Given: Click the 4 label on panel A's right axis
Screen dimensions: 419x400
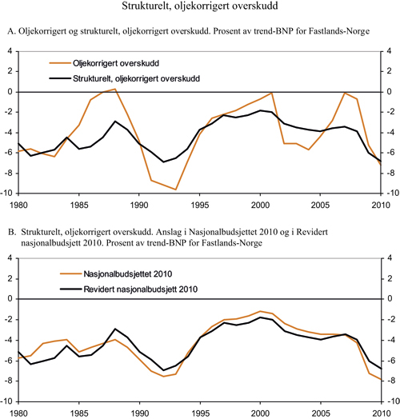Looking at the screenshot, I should click(389, 50).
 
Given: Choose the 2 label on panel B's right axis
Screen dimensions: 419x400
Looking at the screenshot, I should click(389, 277).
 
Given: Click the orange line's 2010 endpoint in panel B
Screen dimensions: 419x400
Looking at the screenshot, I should click(378, 379).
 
